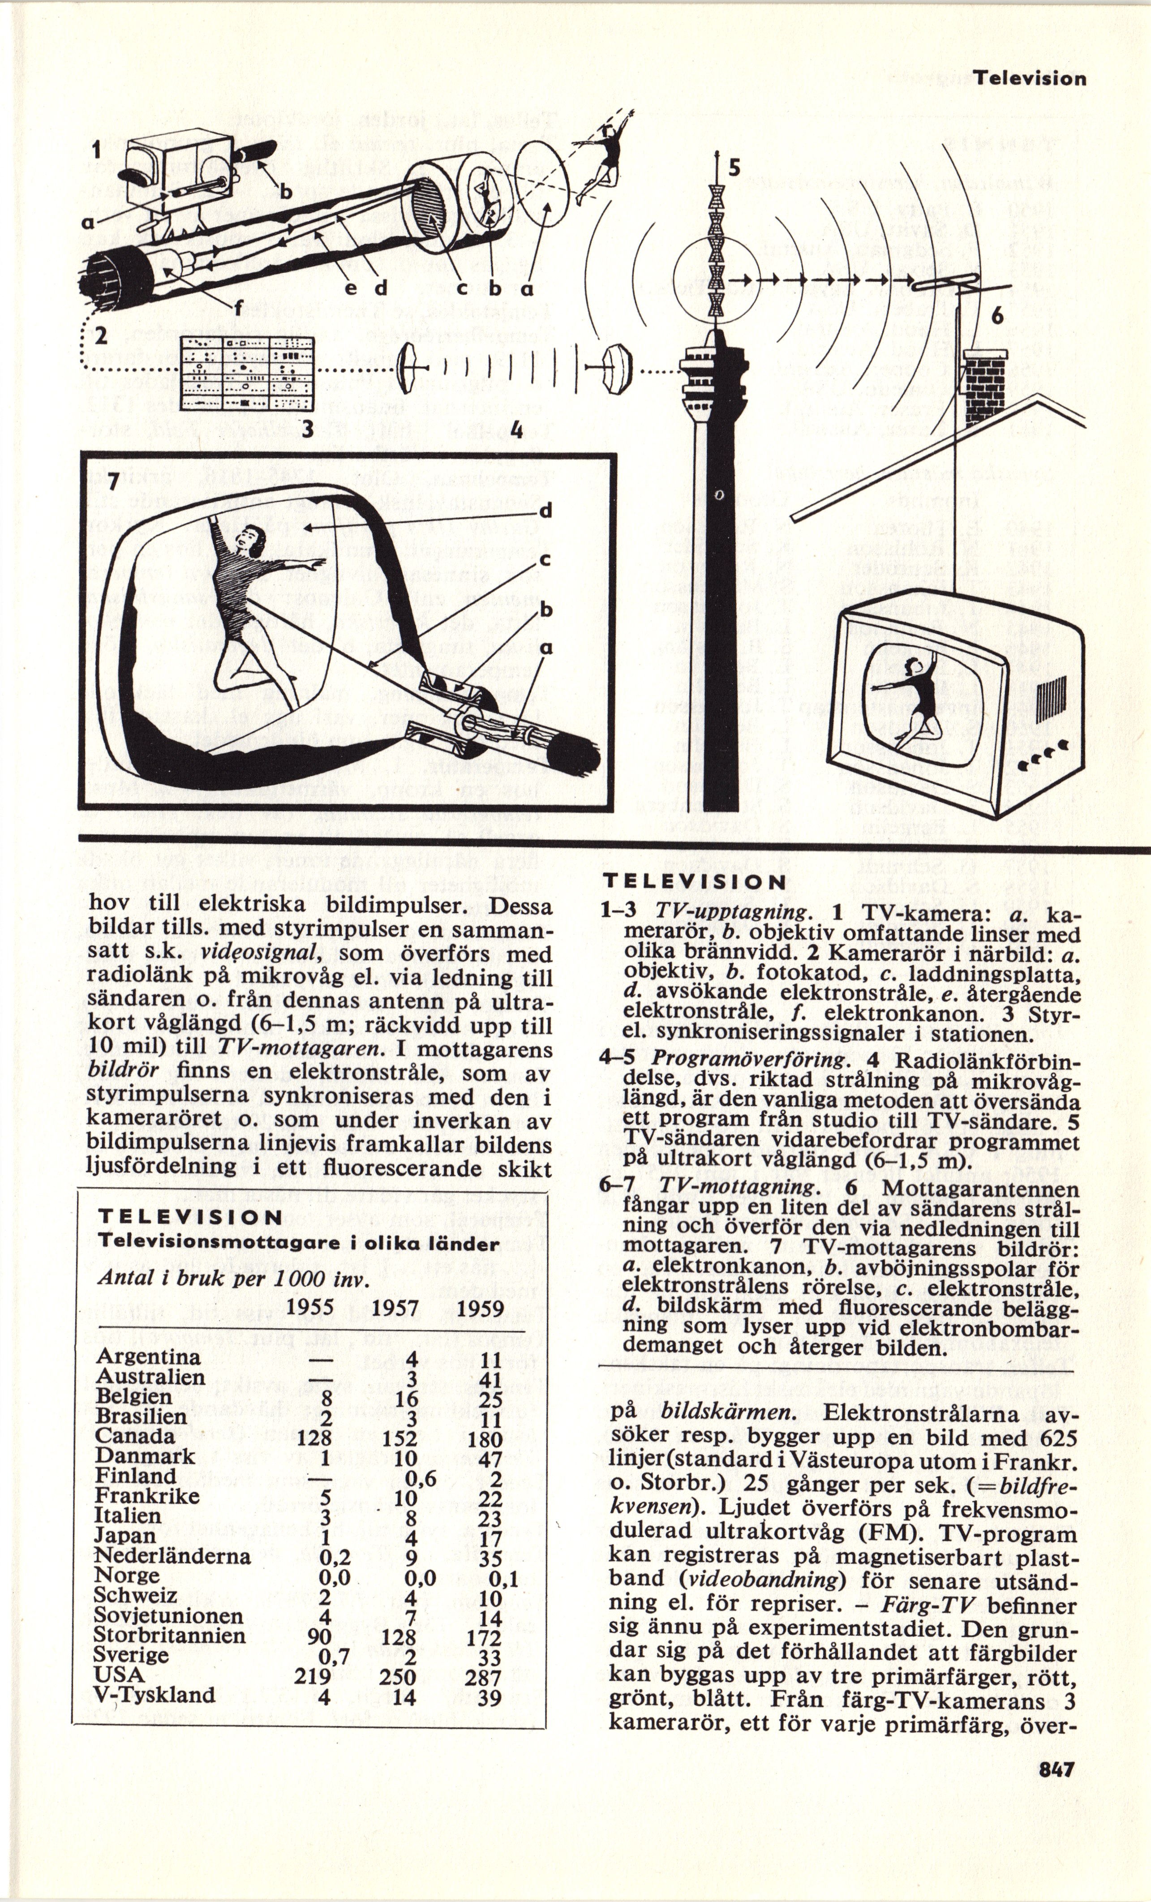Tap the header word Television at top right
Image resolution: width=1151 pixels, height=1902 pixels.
pos(1029,79)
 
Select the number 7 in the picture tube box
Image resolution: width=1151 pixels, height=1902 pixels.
pos(113,481)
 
